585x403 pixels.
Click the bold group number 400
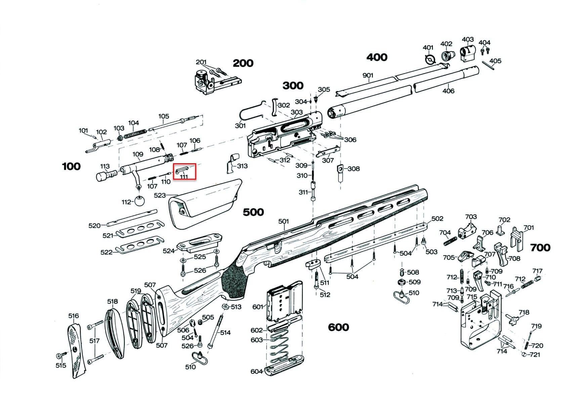377,57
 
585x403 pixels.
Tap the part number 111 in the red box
184,176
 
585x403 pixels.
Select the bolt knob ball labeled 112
140,201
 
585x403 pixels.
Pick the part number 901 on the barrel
368,76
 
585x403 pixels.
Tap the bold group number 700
540,248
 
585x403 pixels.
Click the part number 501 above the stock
284,222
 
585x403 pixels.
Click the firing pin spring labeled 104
134,134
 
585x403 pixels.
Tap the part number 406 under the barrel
448,91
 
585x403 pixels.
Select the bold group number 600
338,327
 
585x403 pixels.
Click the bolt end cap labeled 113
107,175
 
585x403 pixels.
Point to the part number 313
242,166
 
